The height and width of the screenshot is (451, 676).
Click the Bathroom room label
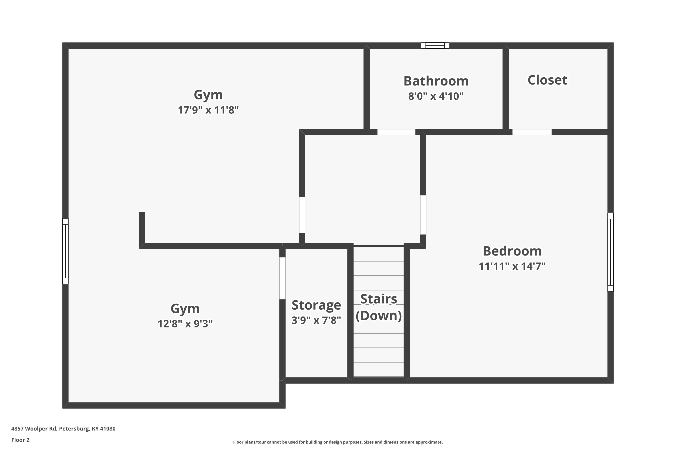436,81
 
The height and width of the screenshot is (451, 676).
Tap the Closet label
547,80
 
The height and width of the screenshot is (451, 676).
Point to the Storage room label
316,305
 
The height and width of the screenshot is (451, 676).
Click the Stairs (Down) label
379,307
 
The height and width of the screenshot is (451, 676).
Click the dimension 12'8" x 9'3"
185,324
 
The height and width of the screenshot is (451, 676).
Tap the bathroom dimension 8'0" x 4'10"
436,96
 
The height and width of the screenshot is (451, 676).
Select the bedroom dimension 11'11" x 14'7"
512,266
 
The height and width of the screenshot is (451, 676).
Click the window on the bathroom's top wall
435,46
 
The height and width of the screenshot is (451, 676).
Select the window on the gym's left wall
66,251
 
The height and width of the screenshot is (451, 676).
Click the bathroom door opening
396,132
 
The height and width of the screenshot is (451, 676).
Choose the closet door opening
532,132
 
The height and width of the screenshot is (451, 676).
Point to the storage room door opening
283,278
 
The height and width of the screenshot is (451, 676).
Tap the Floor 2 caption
21,440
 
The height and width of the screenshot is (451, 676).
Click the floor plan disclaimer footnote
338,442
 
